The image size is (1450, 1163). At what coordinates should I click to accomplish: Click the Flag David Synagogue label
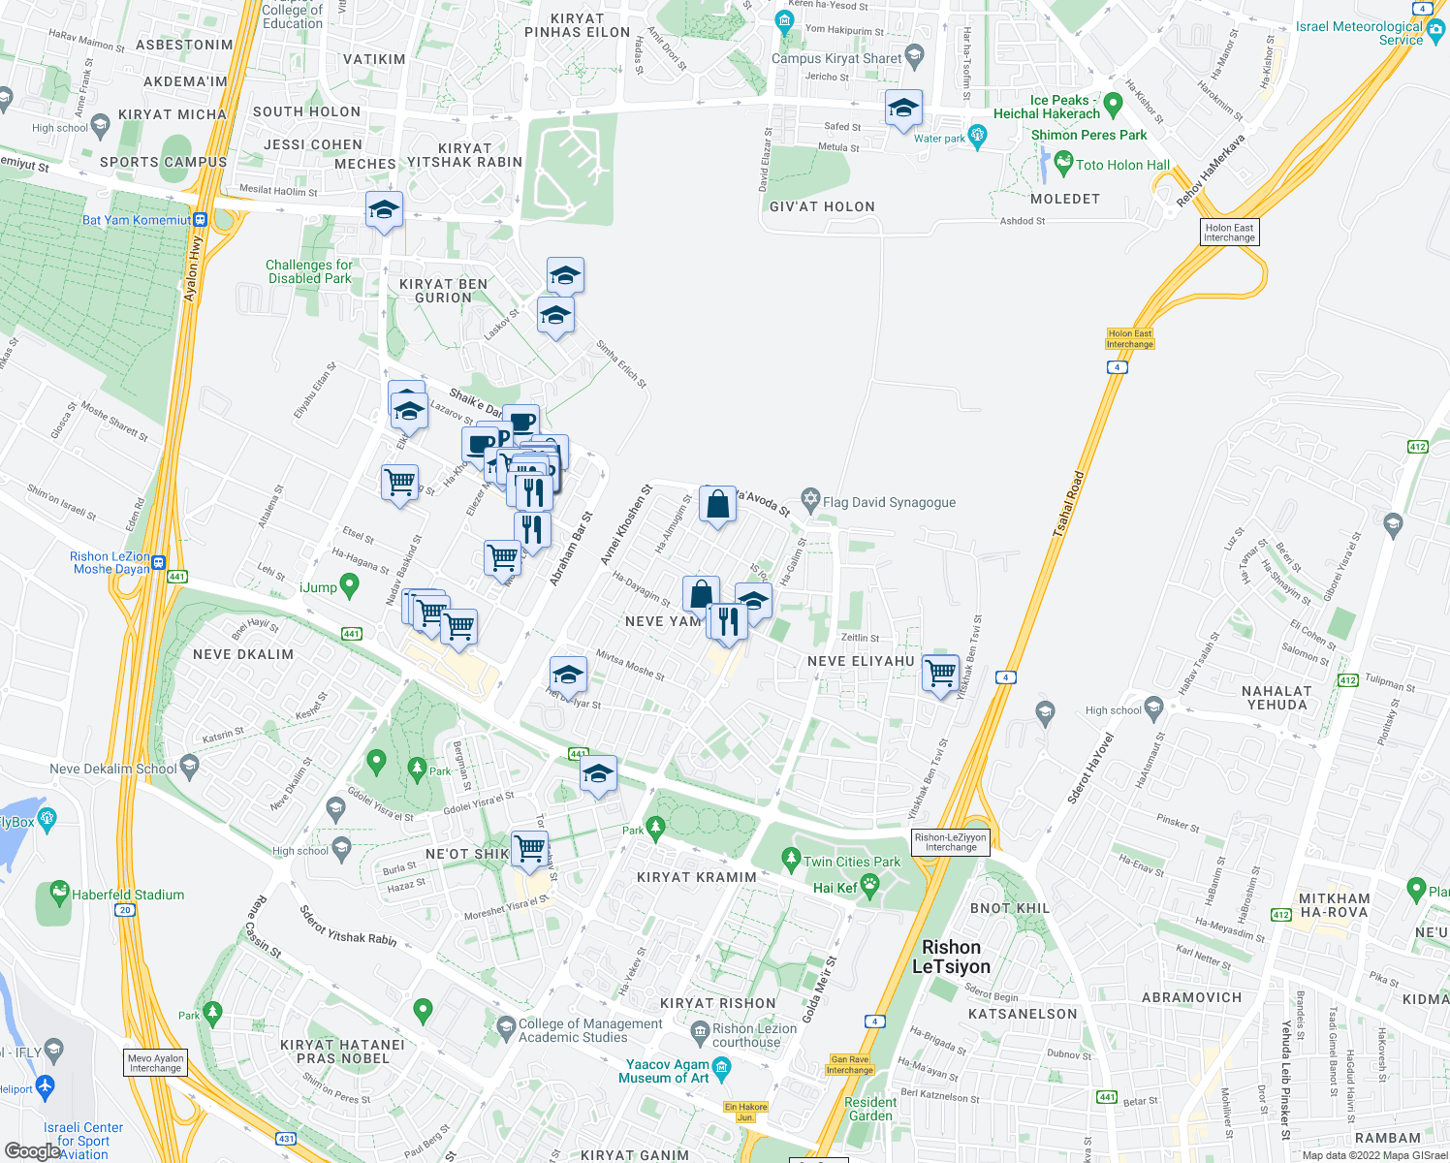pos(889,502)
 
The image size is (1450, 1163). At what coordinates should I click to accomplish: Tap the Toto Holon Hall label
pos(1122,165)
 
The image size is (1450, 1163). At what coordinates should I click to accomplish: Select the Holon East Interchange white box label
pos(1229,233)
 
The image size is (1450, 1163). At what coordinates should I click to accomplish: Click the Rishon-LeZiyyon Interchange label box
pos(951,842)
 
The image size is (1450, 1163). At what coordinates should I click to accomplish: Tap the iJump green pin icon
pos(350,584)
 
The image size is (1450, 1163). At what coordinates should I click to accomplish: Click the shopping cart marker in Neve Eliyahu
pos(941,672)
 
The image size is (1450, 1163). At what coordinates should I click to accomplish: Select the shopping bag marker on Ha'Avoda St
pos(717,505)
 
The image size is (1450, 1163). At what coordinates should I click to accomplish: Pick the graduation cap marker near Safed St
pos(903,109)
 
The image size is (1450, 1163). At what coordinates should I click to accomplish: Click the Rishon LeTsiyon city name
pos(951,957)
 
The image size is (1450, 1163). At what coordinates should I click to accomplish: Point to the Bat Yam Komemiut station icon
pos(201,220)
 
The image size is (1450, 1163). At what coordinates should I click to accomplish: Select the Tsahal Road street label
pos(1068,504)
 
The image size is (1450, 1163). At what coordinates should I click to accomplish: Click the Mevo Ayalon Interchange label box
pos(155,1063)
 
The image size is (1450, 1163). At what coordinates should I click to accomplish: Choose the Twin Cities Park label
pos(851,862)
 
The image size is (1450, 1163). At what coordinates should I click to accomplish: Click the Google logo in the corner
pos(32,1150)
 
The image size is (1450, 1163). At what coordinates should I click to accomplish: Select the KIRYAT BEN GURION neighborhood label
pos(443,291)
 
